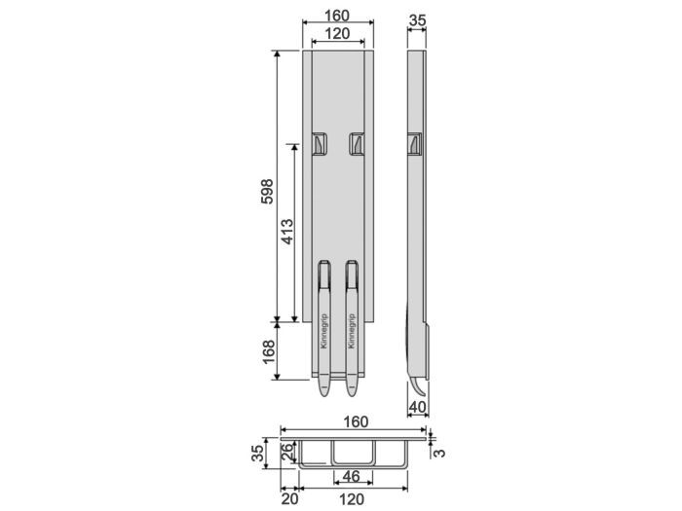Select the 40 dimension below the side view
pyautogui.click(x=417, y=407)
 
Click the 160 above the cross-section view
pyautogui.click(x=355, y=421)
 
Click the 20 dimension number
pyautogui.click(x=289, y=499)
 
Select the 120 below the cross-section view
pyautogui.click(x=353, y=499)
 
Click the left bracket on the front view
pyautogui.click(x=320, y=144)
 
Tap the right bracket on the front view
pyautogui.click(x=357, y=144)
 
